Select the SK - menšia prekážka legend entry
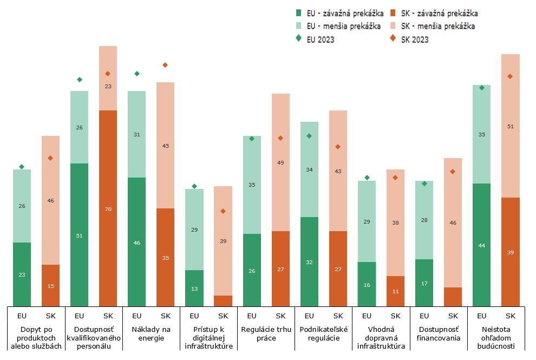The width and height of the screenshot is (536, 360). (434, 26)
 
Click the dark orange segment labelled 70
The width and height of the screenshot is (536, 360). (108, 208)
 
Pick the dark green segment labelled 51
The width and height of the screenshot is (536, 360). (80, 235)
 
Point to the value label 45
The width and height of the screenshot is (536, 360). (166, 146)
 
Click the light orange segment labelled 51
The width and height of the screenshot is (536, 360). (511, 126)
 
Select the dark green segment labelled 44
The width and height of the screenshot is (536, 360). (482, 245)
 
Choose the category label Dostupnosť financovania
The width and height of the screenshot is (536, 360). (439, 333)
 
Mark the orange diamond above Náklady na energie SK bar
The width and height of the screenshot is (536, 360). (165, 65)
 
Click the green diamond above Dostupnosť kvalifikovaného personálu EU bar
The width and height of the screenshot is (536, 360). (80, 80)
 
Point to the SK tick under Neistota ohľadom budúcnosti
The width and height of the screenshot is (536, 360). (511, 316)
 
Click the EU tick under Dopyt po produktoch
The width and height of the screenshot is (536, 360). (22, 316)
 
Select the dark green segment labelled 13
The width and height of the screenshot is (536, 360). (194, 288)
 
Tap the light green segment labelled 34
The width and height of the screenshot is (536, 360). (309, 169)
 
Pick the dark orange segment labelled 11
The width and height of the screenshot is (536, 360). (395, 291)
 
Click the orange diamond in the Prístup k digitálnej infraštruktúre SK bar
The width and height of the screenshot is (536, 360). (223, 211)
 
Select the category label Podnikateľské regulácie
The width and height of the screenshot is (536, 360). (323, 333)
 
